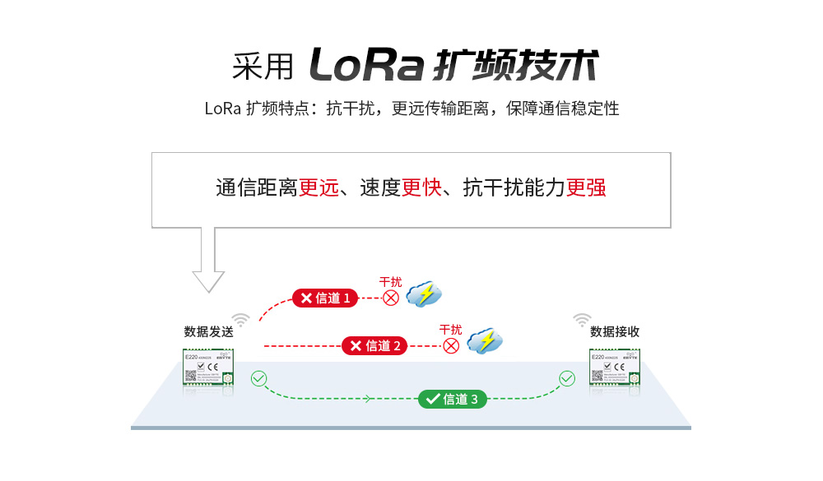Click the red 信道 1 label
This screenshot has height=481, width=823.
pos(326,298)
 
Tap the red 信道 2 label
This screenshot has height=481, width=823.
pos(374,345)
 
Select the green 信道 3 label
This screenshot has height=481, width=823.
pos(453,399)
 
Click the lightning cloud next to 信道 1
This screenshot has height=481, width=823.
pos(425,294)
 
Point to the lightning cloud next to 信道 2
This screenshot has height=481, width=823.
pos(485,341)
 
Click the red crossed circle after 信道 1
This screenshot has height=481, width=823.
pos(391,298)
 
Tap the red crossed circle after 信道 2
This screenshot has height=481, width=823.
pos(451,345)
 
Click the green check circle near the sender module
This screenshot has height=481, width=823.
pos(259,378)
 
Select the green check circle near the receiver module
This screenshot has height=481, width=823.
pos(567,378)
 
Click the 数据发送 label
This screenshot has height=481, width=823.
pos(208,332)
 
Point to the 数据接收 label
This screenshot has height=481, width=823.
pos(615,332)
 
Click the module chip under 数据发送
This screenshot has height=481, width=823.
pos(209,367)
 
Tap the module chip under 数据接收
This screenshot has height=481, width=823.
pos(615,367)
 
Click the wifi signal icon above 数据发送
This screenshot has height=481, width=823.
pos(240,319)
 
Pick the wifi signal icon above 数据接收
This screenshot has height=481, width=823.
pos(582,319)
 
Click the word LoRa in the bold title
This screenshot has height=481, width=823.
pos(366,66)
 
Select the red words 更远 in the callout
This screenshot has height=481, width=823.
pos(319,187)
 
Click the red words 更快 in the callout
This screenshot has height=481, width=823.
pos(421,187)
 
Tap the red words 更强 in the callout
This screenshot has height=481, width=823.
pos(586,187)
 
